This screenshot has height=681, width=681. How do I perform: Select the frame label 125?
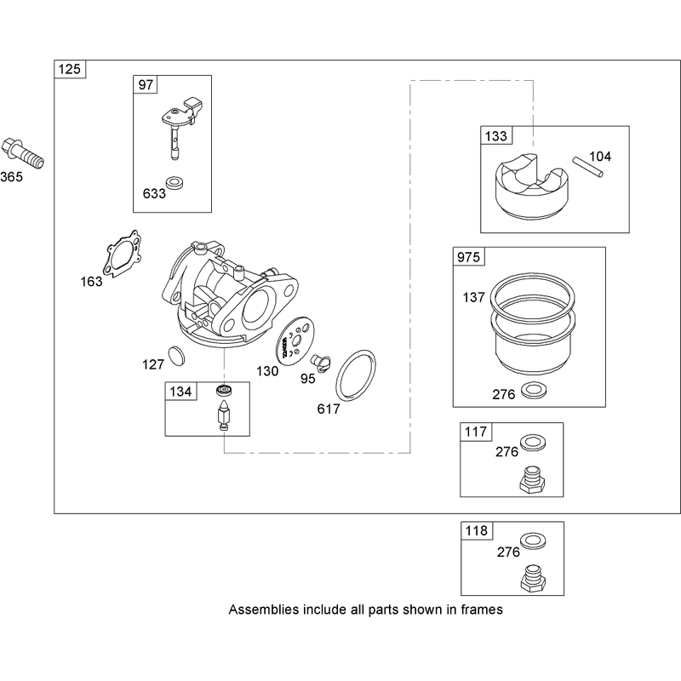[70, 70]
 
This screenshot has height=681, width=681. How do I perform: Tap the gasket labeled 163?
[123, 254]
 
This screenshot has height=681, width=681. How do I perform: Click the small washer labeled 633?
[175, 183]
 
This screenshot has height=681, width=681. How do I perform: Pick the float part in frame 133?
[531, 186]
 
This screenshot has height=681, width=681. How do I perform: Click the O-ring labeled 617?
[355, 375]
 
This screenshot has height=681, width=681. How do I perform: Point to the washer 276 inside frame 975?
[534, 390]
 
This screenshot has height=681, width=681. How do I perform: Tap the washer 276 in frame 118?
[533, 541]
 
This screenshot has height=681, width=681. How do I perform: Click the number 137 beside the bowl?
[473, 297]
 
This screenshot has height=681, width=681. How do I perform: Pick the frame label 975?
[469, 257]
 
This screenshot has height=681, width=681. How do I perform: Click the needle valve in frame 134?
[224, 414]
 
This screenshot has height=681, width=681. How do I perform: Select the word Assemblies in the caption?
[264, 609]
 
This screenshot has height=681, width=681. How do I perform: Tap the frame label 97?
[146, 84]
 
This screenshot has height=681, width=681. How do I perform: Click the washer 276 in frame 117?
[533, 443]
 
